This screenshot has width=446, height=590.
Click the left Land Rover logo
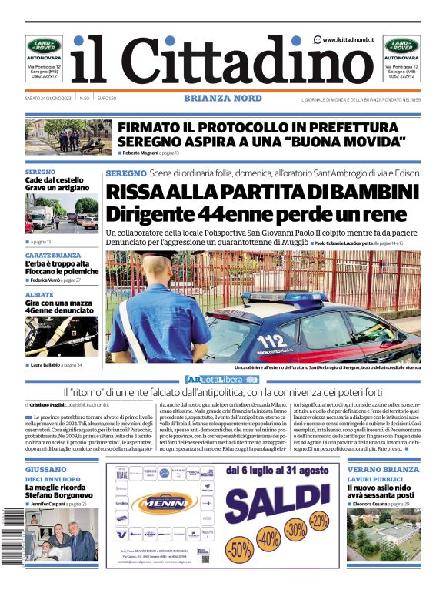[x=45, y=45]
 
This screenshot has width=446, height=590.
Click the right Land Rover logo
[x=401, y=45]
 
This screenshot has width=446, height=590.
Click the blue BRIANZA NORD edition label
[x=223, y=99]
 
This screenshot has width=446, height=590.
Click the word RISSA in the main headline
[x=138, y=192]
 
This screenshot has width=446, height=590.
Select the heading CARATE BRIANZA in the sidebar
[x=52, y=255]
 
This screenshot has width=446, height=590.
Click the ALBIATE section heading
[x=39, y=295]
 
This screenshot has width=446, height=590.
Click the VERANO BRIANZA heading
[x=383, y=469]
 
